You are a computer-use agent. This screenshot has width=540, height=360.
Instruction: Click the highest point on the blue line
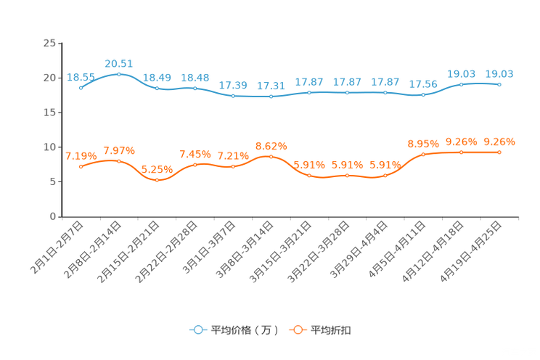click(119, 74)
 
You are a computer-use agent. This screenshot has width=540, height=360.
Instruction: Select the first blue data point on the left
click(81, 87)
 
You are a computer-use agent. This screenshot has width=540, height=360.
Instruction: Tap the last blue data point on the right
click(499, 84)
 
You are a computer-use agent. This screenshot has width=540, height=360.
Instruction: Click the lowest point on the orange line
click(157, 180)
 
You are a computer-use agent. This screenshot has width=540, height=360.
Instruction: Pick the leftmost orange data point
click(81, 166)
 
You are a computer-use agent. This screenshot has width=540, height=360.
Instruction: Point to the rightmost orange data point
click(499, 152)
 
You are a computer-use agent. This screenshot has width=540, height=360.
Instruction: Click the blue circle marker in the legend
click(197, 330)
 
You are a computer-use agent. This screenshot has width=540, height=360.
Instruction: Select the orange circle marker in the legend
click(297, 330)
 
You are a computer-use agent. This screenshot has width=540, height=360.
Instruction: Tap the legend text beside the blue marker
click(244, 330)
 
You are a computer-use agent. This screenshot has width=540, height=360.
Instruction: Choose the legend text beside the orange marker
click(331, 330)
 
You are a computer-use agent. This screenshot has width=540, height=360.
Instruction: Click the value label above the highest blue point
click(119, 63)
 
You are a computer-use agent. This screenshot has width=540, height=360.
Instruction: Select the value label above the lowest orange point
click(157, 169)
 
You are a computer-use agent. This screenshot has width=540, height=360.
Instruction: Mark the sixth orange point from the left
click(271, 156)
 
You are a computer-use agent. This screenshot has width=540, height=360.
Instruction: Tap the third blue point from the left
click(157, 88)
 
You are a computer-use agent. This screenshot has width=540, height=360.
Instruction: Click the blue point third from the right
click(423, 94)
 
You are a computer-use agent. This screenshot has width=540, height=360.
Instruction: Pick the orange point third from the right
click(423, 154)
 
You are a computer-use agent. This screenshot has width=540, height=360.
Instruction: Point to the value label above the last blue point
click(499, 73)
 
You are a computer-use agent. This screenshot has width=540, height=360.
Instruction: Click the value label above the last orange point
click(499, 141)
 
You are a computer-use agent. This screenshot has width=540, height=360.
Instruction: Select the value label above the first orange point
click(81, 155)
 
